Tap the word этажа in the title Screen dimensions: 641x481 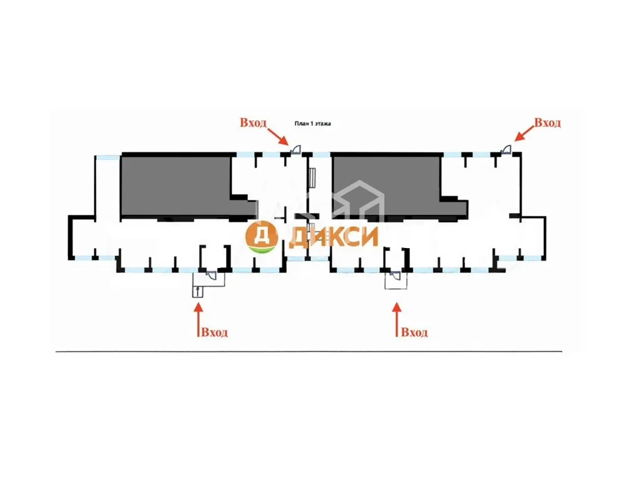pyautogui.click(x=323, y=123)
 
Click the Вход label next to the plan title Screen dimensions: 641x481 pyautogui.click(x=253, y=122)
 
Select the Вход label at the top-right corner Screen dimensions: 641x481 pyautogui.click(x=547, y=122)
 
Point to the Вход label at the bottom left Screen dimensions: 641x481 pyautogui.click(x=214, y=332)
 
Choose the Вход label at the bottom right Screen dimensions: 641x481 pyautogui.click(x=414, y=332)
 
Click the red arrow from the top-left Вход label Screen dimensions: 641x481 pyautogui.click(x=278, y=136)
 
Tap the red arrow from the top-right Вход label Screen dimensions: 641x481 pyautogui.click(x=524, y=133)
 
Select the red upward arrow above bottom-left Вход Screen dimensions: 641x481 pyautogui.click(x=198, y=319)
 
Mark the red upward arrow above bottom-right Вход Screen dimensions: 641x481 pyautogui.click(x=396, y=319)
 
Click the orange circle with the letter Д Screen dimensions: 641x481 pyautogui.click(x=261, y=237)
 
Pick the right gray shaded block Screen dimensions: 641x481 pyautogui.click(x=399, y=185)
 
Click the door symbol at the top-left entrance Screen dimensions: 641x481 pyautogui.click(x=295, y=150)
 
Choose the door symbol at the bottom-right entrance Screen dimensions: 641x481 pyautogui.click(x=396, y=275)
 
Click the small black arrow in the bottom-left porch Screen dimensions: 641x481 pyautogui.click(x=198, y=291)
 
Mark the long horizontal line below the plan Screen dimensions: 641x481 pyautogui.click(x=309, y=351)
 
